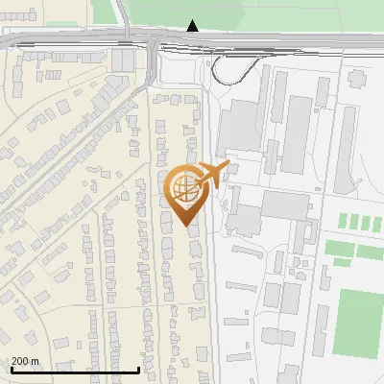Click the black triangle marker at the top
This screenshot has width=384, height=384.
[x=193, y=25]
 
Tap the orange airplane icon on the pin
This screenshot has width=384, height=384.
[x=217, y=174]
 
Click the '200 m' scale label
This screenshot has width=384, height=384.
[x=25, y=361]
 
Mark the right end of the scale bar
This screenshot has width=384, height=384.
[x=140, y=370]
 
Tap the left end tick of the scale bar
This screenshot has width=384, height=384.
[x=10, y=370]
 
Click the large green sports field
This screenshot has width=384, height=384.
[x=358, y=322]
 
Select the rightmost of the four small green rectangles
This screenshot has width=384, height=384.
[x=376, y=223]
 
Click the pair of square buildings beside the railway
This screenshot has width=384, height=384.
[x=123, y=60]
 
